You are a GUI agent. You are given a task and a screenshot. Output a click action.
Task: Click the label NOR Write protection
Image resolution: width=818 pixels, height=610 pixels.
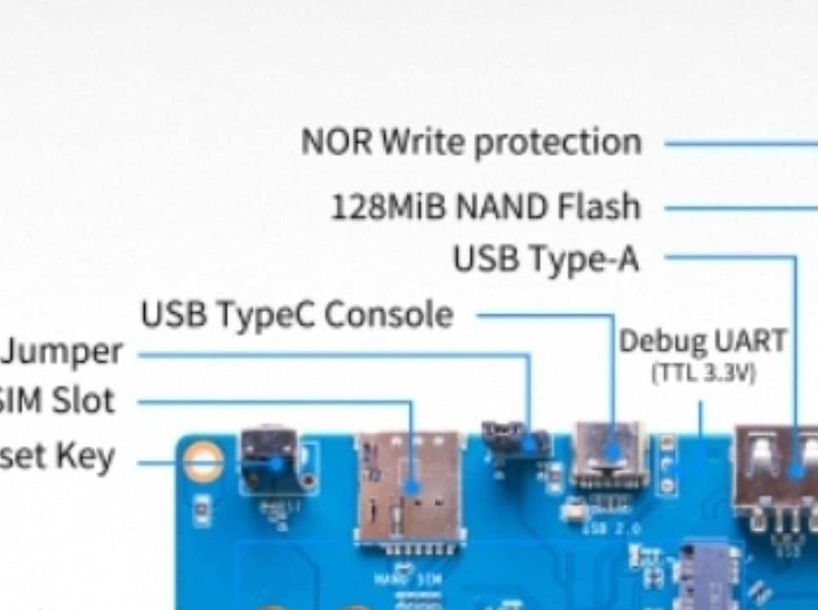[471, 143]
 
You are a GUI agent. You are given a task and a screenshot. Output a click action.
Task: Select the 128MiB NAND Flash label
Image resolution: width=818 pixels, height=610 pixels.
[485, 207]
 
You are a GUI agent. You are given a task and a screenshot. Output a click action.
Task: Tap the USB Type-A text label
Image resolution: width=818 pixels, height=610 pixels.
[545, 260]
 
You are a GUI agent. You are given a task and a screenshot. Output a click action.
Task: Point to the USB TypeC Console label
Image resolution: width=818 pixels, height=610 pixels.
[297, 316]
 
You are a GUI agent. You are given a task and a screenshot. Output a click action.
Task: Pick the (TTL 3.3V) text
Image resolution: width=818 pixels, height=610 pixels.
[702, 372]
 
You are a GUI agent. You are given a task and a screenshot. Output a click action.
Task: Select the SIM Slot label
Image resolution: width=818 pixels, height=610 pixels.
[56, 400]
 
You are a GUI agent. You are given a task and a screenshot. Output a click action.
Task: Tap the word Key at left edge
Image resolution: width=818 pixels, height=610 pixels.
[85, 456]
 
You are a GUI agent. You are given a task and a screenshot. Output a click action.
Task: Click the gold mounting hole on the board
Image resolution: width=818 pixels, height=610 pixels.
[204, 463]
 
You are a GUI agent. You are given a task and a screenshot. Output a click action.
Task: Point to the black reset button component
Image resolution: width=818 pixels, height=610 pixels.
[270, 462]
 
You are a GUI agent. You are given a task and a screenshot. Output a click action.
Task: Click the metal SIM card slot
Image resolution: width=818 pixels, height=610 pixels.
[409, 487]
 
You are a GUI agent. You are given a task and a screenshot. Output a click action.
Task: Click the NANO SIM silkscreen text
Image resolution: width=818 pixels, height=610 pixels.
[410, 579]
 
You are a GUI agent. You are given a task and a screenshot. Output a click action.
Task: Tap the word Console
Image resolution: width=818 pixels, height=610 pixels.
[389, 316]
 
